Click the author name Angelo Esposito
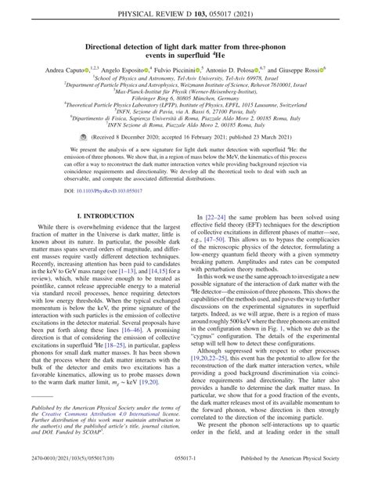[x=119, y=70]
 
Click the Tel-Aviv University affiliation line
[x=185, y=79]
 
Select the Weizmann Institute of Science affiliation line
[x=185, y=87]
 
